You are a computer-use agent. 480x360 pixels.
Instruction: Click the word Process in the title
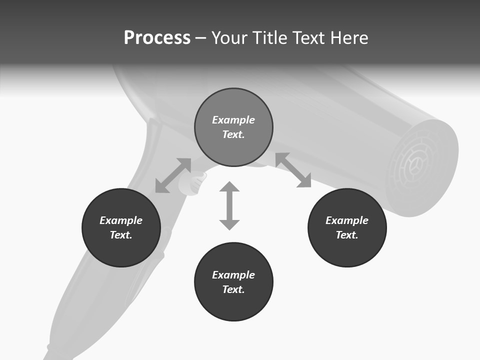pos(157,38)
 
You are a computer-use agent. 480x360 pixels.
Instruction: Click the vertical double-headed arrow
pos(229,205)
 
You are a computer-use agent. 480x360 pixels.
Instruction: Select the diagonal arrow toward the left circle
pos(173,175)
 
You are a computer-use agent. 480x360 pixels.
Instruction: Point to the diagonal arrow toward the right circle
pos(293,170)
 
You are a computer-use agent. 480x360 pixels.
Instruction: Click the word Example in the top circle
pos(233,120)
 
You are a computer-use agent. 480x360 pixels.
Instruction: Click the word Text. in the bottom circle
pos(233,289)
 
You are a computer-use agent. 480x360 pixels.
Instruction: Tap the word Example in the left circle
pos(121,220)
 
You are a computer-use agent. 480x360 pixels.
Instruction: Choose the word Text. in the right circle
pos(347,235)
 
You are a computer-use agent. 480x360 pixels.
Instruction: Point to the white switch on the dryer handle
pos(193,182)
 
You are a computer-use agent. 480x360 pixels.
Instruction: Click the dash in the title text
pos(200,38)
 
